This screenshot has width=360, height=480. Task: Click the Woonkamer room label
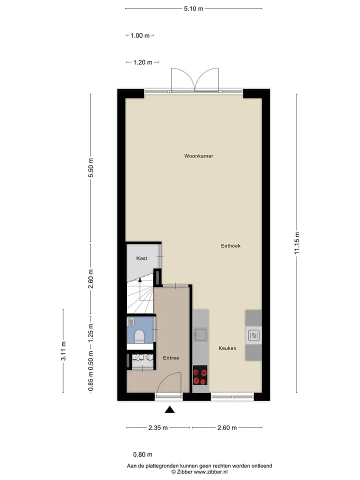(198, 156)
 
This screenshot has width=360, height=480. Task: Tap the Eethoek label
(230, 246)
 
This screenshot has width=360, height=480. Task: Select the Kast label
(141, 258)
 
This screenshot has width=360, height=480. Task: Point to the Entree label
(171, 358)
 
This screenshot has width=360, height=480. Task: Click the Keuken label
(227, 348)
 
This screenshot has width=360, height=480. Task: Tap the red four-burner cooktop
(200, 375)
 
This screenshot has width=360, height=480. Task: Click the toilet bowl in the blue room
(139, 336)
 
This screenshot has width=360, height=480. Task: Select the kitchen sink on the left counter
(200, 334)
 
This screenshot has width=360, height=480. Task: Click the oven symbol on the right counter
(253, 335)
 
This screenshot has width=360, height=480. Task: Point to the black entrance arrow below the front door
(169, 409)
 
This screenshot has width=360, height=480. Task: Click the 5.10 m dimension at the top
(193, 8)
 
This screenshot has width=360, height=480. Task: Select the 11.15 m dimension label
(297, 243)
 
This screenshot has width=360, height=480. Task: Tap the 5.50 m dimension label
(90, 168)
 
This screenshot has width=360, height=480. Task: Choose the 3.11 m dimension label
(63, 351)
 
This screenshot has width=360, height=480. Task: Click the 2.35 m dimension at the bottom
(158, 427)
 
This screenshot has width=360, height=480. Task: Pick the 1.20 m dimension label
(142, 62)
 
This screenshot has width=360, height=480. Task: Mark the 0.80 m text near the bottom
(142, 454)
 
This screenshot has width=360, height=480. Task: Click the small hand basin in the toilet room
(130, 321)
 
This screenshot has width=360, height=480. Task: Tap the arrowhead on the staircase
(140, 279)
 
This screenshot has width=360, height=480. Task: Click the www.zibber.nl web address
(210, 471)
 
